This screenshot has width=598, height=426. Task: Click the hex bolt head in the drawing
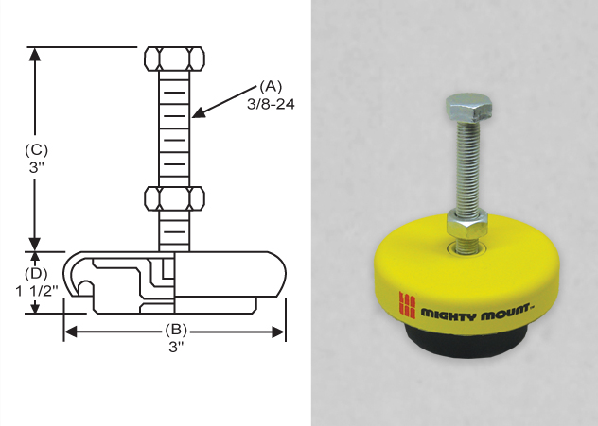175,58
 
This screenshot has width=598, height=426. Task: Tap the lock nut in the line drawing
175,199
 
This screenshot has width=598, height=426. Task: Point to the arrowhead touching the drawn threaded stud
197,114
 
